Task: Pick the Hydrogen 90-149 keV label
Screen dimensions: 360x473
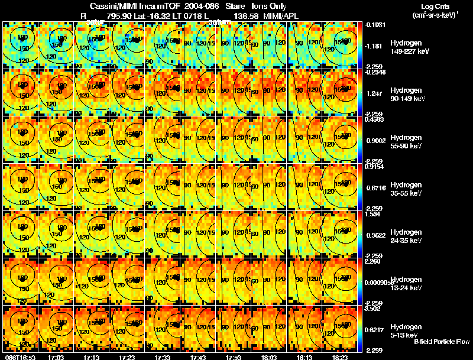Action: point(407,95)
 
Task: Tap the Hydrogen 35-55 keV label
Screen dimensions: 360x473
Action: point(406,189)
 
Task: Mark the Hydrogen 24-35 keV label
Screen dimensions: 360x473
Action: point(406,236)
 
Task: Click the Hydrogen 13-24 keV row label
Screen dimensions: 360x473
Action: point(406,283)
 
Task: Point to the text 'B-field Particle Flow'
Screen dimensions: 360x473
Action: point(442,342)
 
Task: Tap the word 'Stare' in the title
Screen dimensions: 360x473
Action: point(235,6)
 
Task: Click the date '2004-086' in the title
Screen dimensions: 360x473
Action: point(202,6)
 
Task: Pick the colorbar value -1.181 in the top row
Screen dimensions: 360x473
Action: point(375,46)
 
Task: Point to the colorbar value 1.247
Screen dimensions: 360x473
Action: point(375,93)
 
